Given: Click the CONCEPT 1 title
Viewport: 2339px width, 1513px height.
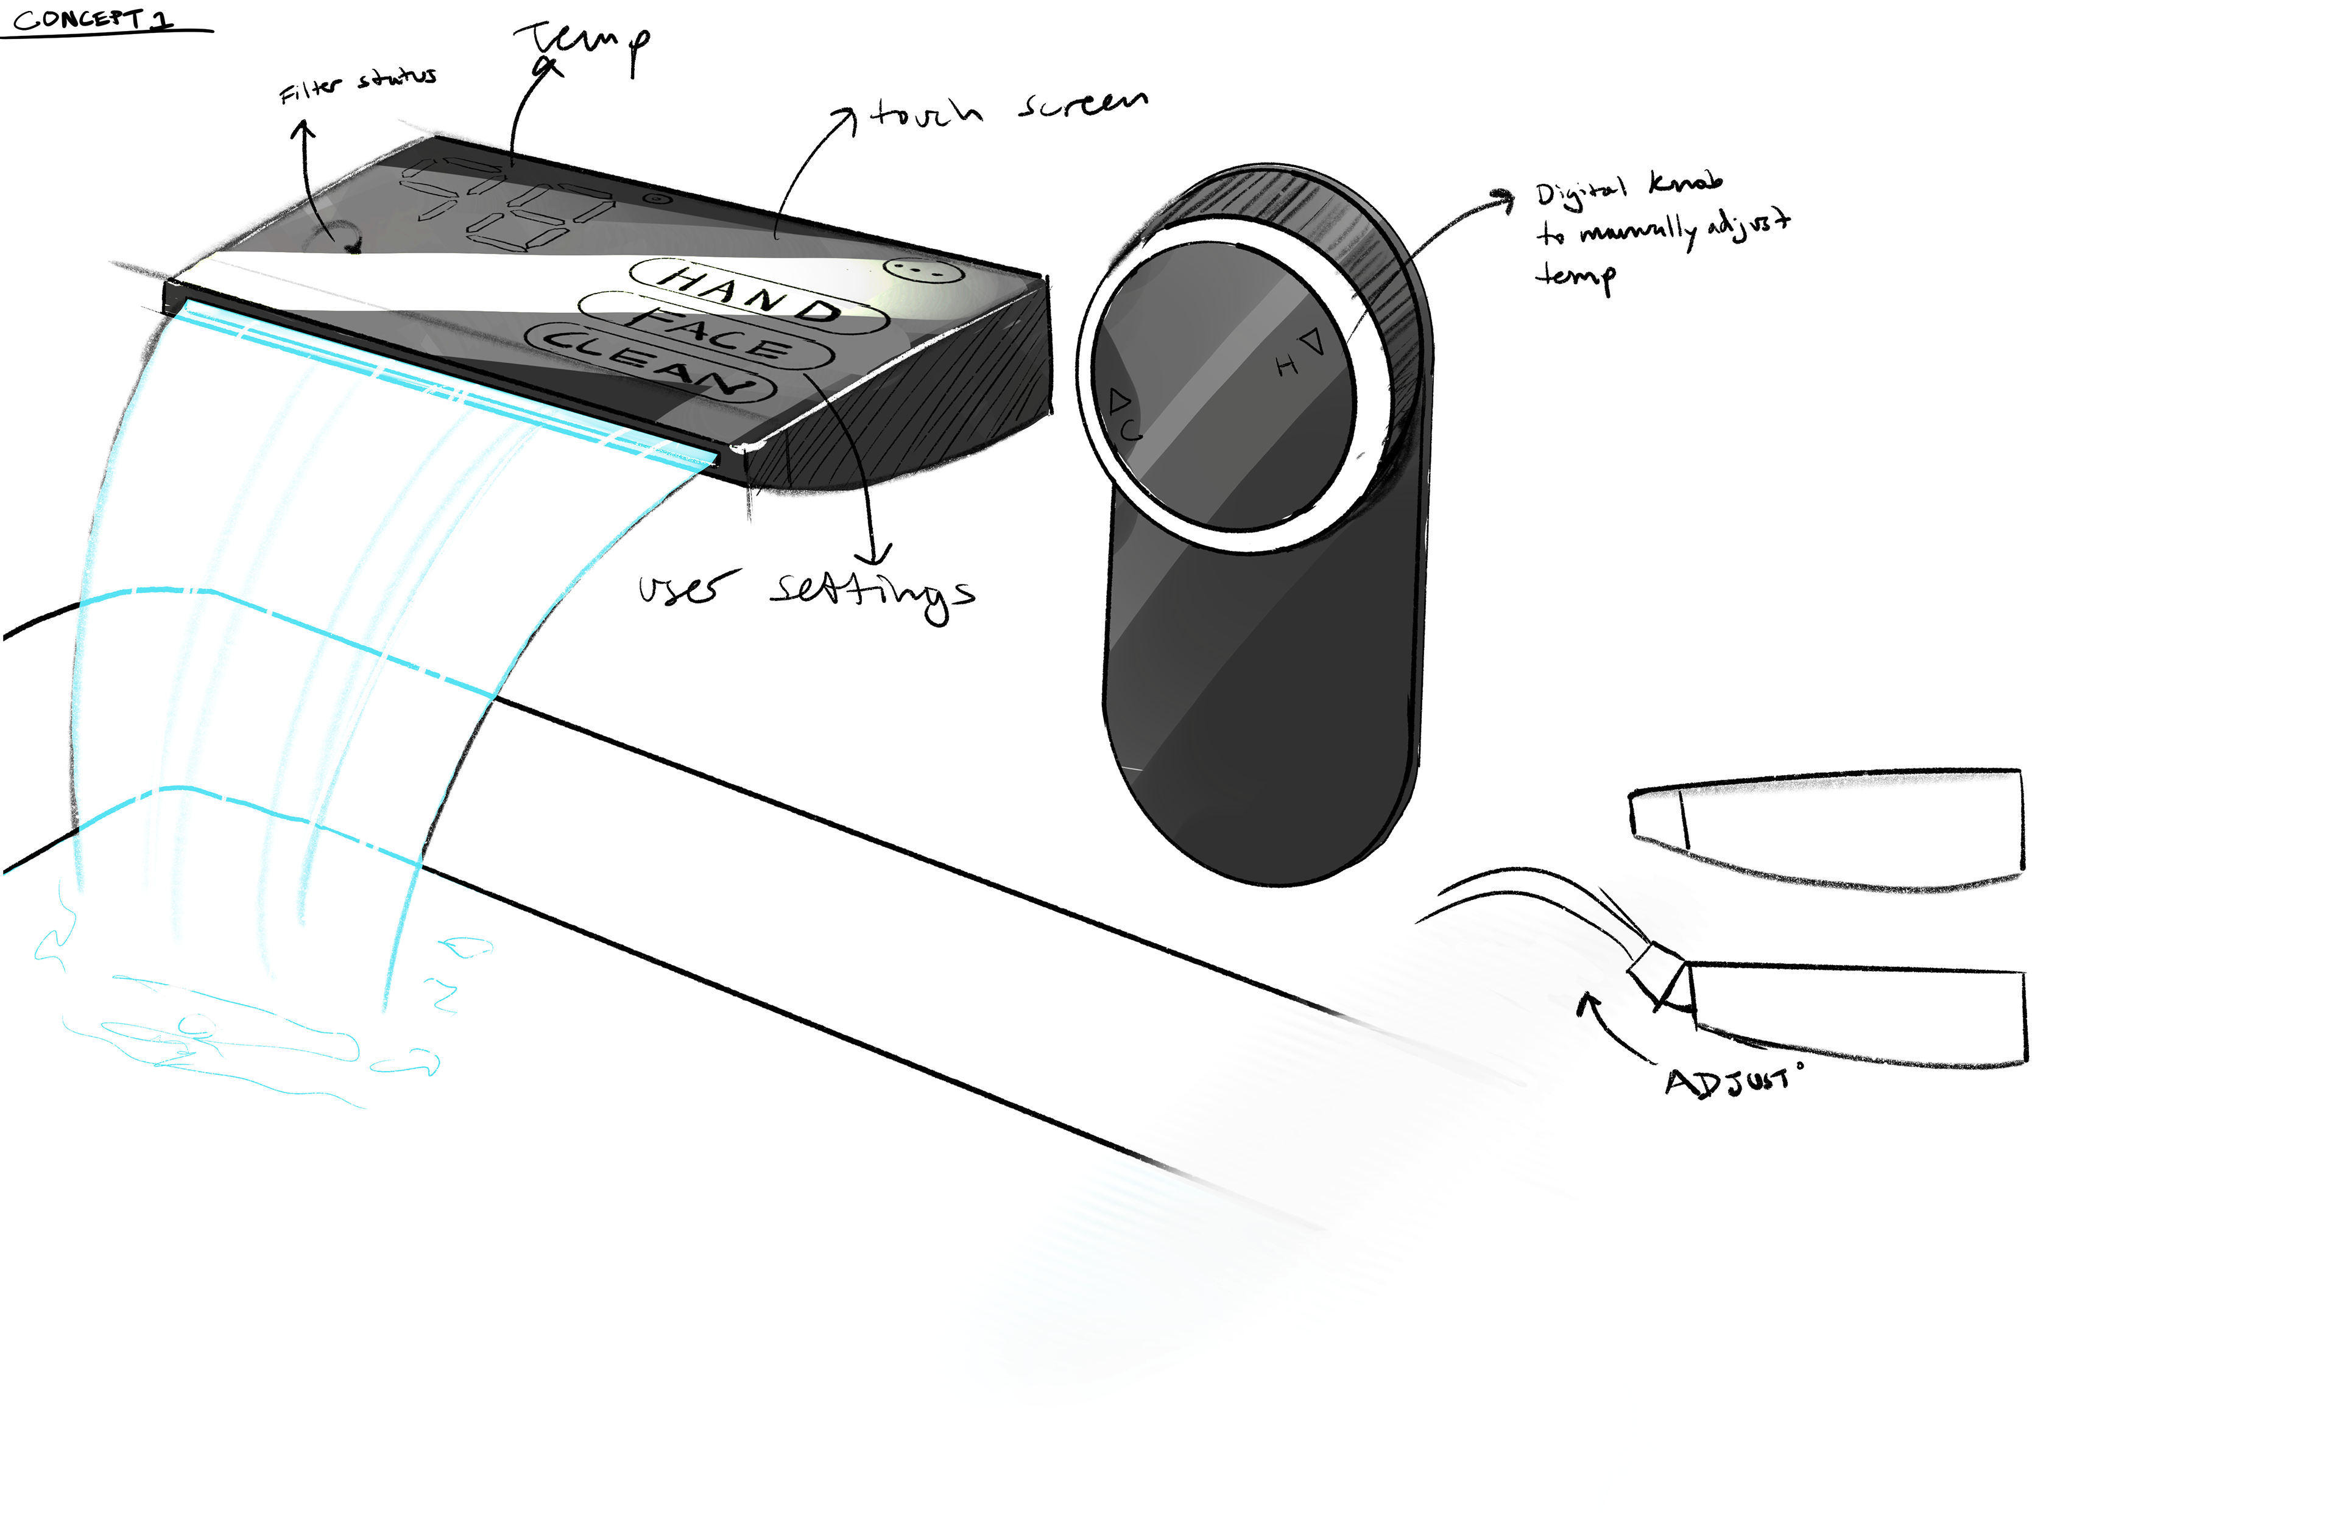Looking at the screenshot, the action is click(x=93, y=19).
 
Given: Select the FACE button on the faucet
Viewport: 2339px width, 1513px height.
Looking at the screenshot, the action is click(x=708, y=332).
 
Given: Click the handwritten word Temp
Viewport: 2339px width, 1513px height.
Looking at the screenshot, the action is click(x=582, y=44).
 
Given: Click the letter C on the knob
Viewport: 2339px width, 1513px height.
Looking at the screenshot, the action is click(x=1133, y=429).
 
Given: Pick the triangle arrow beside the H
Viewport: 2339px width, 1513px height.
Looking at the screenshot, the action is click(x=1313, y=343).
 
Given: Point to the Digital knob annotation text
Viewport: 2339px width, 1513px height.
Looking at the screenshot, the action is click(x=1661, y=231).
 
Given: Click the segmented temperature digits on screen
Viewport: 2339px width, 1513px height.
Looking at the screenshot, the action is click(x=506, y=202).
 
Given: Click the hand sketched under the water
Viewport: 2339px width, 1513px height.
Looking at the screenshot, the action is click(x=226, y=1041).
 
